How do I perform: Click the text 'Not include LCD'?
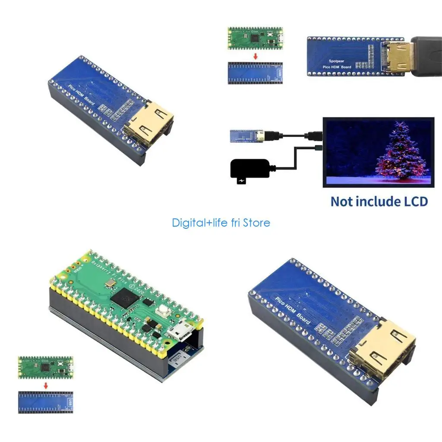tap(379, 201)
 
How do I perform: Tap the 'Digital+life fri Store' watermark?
tap(221, 223)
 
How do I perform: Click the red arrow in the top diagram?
tap(256, 57)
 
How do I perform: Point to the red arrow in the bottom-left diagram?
tap(46, 385)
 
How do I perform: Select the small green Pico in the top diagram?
tap(256, 38)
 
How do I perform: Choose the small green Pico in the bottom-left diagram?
tap(46, 367)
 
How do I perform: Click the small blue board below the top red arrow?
tap(256, 73)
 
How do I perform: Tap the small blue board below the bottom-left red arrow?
tap(46, 402)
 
